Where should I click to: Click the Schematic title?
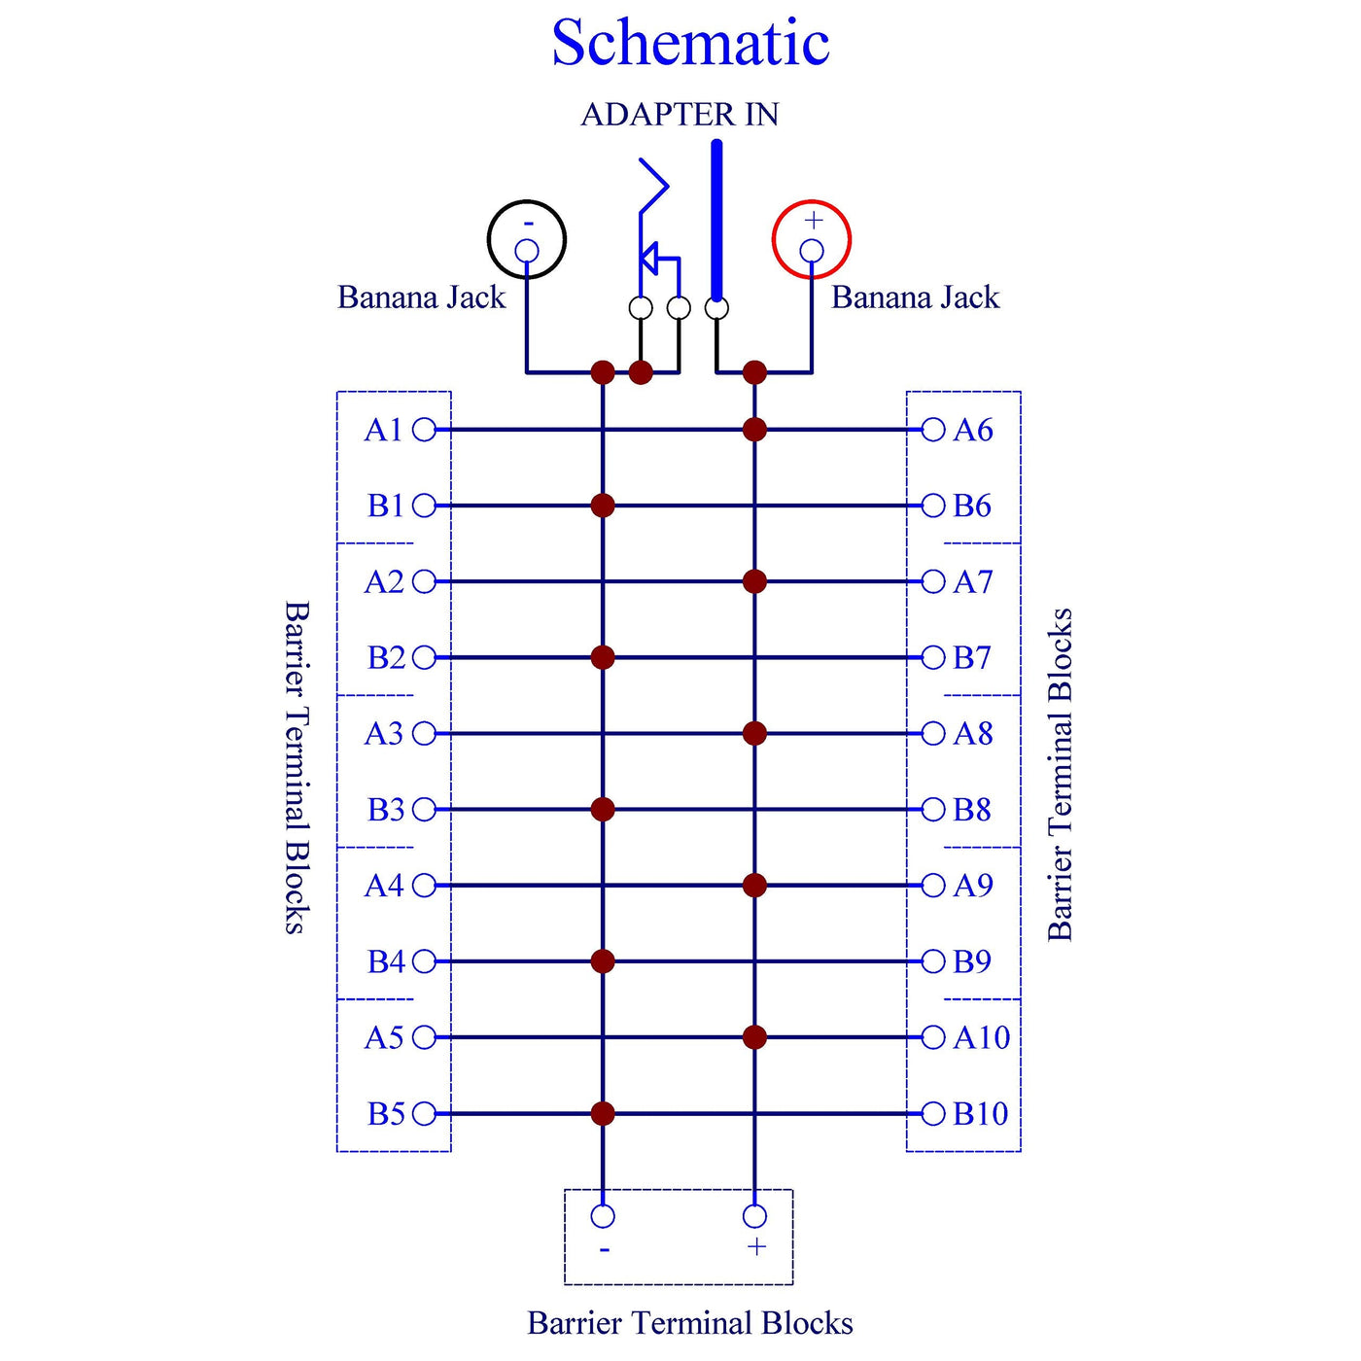tap(690, 44)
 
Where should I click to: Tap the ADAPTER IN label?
tap(680, 115)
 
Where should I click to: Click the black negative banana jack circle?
tap(527, 239)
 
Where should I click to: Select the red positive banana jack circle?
tap(812, 239)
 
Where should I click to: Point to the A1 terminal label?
tap(383, 430)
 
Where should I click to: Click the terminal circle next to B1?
tap(425, 506)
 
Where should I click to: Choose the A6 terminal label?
tap(973, 430)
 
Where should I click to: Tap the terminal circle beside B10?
tap(933, 1114)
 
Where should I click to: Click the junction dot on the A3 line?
tap(754, 733)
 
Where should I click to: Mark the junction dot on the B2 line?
tap(603, 657)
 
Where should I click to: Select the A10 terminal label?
tap(982, 1038)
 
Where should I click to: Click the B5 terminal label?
tap(386, 1114)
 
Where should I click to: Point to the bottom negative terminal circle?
tap(603, 1216)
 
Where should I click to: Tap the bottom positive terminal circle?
tap(754, 1216)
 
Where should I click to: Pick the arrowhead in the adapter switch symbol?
tap(648, 259)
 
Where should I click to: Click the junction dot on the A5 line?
tap(754, 1037)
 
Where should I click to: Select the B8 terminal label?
tap(972, 810)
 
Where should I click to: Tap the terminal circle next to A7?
tap(933, 581)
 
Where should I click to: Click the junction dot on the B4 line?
tap(603, 961)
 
